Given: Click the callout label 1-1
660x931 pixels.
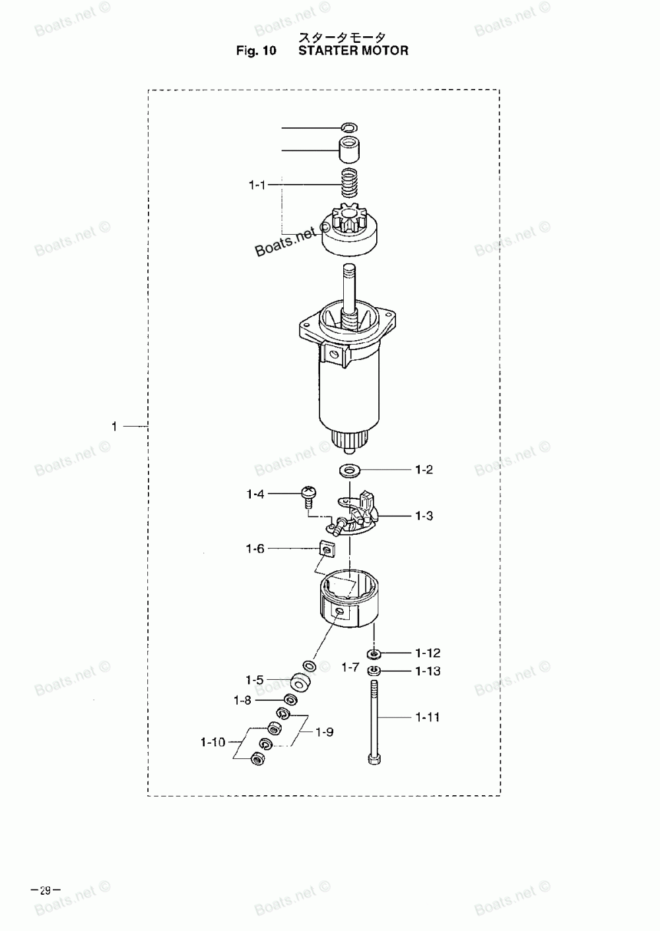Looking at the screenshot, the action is click(x=257, y=185).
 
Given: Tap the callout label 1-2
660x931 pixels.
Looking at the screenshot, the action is click(x=424, y=469).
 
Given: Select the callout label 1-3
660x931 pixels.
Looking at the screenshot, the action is click(x=424, y=516).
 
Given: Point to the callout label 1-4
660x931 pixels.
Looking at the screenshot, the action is click(x=255, y=494).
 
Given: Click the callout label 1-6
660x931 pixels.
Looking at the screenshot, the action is click(x=255, y=549).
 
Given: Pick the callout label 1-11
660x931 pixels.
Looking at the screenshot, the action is click(x=428, y=717).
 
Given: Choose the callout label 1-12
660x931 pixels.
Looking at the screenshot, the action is click(x=428, y=653).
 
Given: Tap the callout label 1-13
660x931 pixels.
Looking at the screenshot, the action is click(x=428, y=671).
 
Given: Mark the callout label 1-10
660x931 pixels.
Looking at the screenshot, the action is click(x=213, y=742).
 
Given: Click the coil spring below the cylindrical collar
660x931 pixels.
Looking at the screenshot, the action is click(x=350, y=183).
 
